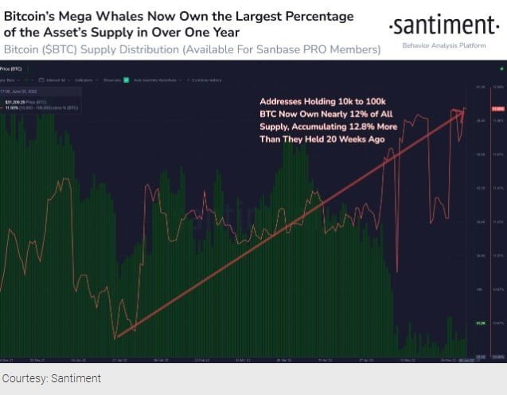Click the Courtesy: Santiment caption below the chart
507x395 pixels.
[x=52, y=378]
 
